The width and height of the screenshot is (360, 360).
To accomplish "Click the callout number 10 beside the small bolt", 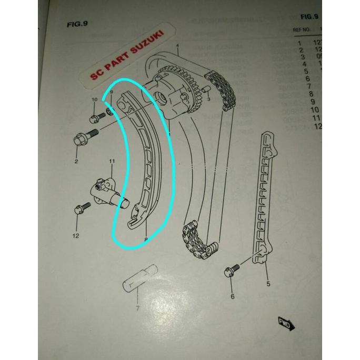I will point(94,100).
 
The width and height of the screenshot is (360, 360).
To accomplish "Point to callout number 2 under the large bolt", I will point(76,162).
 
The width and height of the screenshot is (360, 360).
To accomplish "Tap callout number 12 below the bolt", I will point(76,235).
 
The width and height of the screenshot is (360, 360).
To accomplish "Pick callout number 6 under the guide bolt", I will point(232,297).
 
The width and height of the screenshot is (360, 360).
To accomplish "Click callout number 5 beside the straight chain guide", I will point(267,284).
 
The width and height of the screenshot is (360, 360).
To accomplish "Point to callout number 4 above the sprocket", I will point(178,47).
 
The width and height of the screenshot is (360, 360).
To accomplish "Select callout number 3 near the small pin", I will point(208,98).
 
